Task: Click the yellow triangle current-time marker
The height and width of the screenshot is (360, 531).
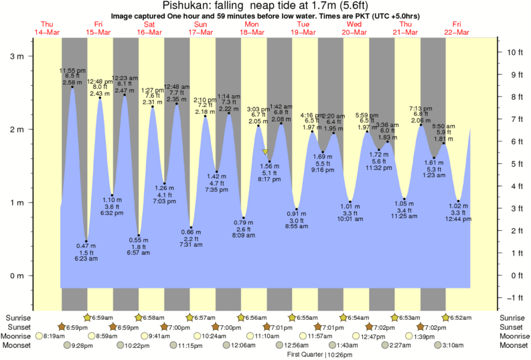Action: pyautogui.click(x=265, y=152)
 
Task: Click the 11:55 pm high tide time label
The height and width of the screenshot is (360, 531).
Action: pyautogui.click(x=71, y=70)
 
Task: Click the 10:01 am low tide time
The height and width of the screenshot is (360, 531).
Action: pyautogui.click(x=350, y=219)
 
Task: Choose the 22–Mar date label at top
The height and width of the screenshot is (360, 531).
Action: pyautogui.click(x=457, y=32)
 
